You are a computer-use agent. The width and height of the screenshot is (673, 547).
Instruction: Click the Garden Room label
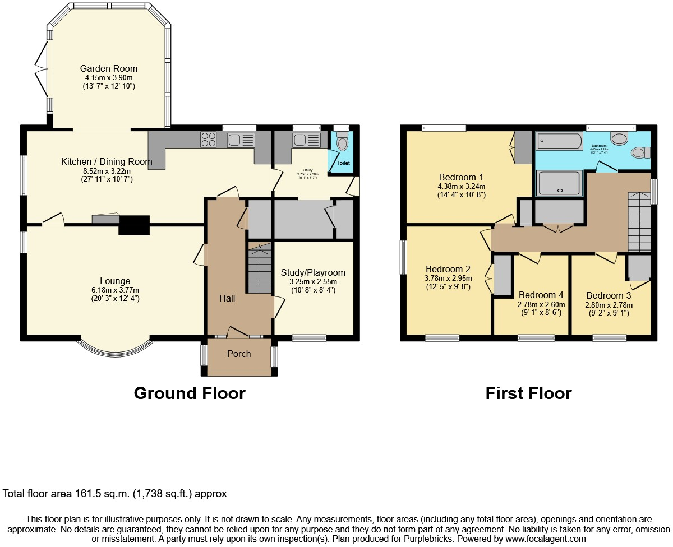tap(109, 68)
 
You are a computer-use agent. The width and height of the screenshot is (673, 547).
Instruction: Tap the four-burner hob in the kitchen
tap(209, 139)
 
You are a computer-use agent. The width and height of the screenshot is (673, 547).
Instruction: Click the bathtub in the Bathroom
tap(560, 141)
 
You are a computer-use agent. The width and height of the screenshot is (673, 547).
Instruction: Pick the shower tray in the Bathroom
tap(559, 183)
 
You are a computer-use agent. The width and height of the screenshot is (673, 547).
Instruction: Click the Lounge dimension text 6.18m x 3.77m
tap(115, 290)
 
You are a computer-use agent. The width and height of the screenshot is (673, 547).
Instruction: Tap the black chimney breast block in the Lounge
tap(135, 225)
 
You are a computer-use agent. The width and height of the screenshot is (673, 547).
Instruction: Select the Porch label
tap(239, 354)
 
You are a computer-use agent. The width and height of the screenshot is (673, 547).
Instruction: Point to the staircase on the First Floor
tap(639, 221)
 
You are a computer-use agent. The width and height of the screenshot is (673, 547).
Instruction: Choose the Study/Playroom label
tap(313, 272)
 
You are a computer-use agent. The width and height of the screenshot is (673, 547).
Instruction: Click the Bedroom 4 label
tap(541, 295)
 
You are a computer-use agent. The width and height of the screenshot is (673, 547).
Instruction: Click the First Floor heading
tap(528, 393)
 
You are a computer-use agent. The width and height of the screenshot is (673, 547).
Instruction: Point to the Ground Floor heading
tap(190, 393)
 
